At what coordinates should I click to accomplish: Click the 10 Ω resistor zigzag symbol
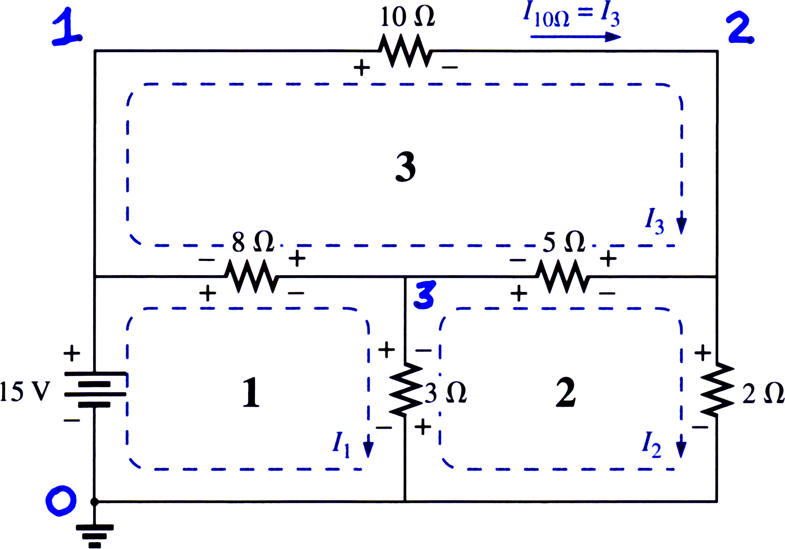click(406, 51)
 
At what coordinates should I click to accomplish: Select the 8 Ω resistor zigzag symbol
click(252, 276)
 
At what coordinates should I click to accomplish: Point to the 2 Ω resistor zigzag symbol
click(717, 389)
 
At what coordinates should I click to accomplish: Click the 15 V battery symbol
click(95, 389)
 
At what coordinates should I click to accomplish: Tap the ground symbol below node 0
click(95, 536)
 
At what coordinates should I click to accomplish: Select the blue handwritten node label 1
click(67, 27)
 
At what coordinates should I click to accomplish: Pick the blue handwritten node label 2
click(741, 27)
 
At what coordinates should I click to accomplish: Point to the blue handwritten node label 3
click(425, 294)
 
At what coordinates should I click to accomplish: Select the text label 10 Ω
click(408, 17)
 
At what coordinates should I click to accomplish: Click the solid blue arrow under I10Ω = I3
click(576, 37)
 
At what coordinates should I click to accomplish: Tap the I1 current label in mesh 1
click(342, 444)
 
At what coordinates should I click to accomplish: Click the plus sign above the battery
click(72, 354)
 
